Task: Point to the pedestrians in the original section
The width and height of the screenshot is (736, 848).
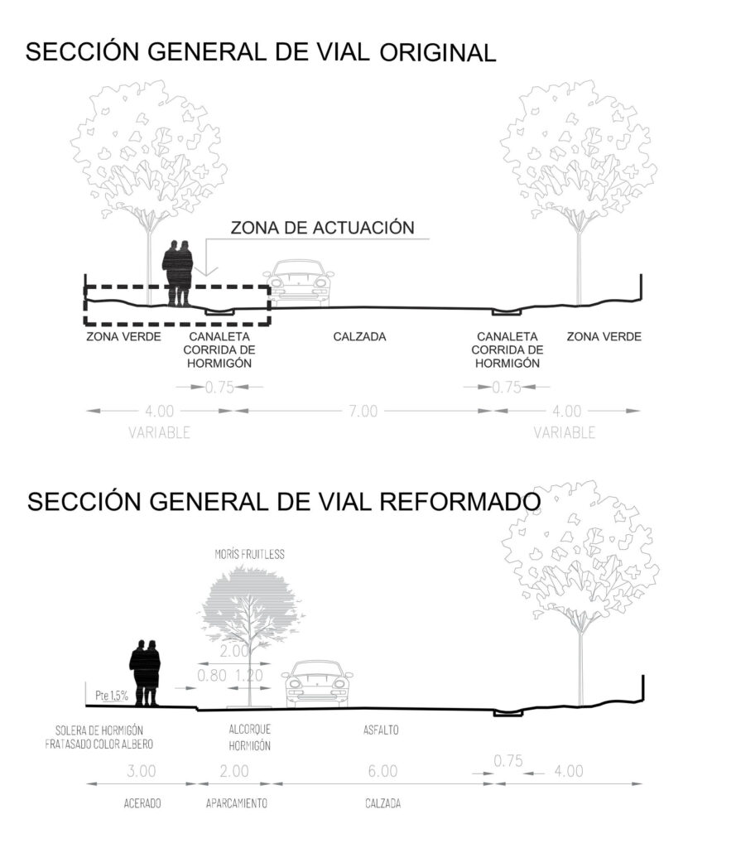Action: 178,274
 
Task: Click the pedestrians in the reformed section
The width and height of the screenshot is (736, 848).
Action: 146,673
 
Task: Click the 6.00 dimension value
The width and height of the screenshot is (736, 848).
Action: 382,771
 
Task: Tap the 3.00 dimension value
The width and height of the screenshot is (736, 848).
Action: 142,771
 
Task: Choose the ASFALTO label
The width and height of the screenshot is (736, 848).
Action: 382,730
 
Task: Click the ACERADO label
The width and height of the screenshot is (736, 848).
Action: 142,803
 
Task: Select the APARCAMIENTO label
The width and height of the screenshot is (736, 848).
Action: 236,803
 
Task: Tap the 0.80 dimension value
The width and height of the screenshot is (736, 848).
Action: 213,675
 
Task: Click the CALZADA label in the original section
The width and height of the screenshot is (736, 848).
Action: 360,337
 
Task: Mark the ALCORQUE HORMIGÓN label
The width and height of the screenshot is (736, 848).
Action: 249,737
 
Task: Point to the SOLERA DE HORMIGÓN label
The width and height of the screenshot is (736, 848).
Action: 99,730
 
